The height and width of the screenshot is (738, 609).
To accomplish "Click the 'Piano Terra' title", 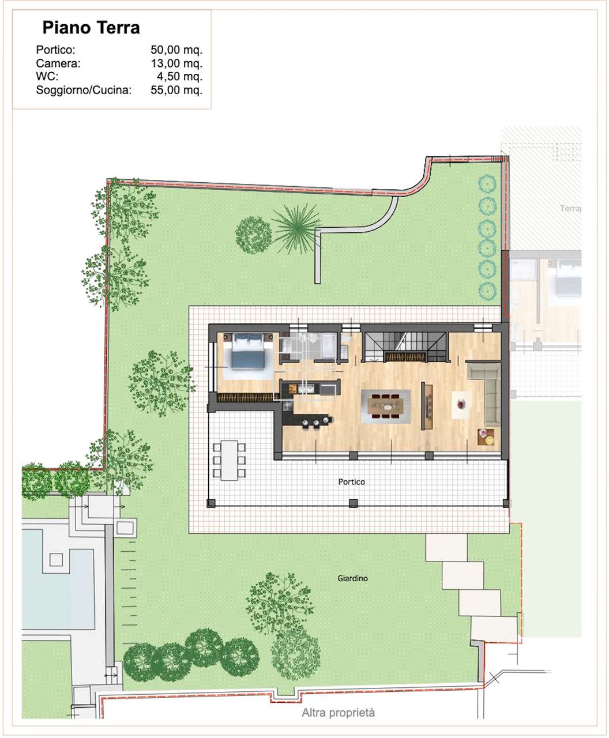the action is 91,28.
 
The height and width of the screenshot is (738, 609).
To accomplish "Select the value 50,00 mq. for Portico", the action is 176,50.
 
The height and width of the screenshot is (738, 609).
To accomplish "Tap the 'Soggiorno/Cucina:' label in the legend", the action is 84,90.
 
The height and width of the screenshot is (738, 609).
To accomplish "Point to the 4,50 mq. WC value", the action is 180,76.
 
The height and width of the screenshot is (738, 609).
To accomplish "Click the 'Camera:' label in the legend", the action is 58,63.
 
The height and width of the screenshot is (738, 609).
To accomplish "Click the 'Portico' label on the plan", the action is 351,482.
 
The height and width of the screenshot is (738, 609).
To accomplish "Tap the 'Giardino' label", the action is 352,579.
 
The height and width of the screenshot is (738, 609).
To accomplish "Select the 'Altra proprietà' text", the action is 338,713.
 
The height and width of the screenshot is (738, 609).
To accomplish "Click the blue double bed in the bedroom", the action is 248,351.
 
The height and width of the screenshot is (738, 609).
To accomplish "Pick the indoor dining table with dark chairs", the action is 385,406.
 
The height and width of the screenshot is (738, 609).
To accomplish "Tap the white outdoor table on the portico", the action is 229,460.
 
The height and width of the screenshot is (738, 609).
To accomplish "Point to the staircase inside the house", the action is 405,347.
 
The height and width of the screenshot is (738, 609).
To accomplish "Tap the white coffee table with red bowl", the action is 461,405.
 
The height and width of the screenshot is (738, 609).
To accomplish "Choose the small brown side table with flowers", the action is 485,437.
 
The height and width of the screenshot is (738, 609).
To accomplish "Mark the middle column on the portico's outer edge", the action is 353,503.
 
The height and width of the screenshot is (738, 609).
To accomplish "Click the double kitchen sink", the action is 306,389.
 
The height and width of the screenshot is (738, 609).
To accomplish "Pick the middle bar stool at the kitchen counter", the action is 316,423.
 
